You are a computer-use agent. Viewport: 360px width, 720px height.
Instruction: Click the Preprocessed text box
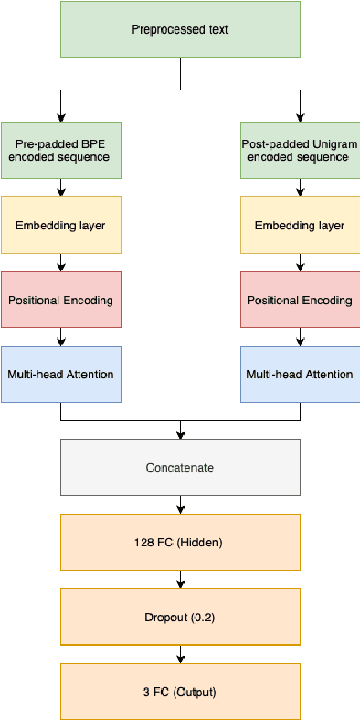pos(180,29)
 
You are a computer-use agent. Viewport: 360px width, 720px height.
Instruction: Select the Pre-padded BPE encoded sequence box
pos(60,150)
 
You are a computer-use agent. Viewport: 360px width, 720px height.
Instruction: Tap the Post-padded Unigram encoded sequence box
pos(300,150)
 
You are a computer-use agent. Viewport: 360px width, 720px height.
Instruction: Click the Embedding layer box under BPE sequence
pos(60,225)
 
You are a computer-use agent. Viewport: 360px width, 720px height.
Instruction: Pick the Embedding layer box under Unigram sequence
pos(300,225)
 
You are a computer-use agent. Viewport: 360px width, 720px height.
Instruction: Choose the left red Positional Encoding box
pos(60,300)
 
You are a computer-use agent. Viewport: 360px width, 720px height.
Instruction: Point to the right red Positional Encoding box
pos(300,300)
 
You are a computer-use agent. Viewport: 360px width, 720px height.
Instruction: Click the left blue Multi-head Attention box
pos(60,374)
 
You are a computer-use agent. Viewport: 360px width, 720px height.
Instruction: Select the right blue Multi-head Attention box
pos(300,374)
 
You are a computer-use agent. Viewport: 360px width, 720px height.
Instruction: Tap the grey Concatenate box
pos(180,468)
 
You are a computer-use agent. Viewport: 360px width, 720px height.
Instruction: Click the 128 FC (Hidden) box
pos(180,542)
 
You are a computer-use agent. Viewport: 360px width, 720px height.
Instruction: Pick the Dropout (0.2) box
pos(180,617)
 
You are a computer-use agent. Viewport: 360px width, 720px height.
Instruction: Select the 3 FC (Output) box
pos(180,692)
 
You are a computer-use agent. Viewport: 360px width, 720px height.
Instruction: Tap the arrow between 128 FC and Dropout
pos(180,580)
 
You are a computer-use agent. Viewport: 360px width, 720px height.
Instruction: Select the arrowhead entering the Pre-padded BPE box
pos(60,117)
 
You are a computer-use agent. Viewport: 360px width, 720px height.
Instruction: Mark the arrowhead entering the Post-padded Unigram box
pos(300,117)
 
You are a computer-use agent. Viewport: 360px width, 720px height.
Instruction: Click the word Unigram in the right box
pos(335,143)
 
